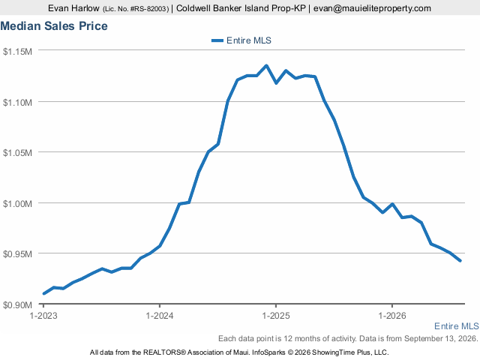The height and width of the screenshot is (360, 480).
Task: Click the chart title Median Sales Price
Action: pos(54,26)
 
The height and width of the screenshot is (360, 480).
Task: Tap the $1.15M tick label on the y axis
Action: pos(17,52)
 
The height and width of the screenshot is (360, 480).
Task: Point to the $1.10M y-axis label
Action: pos(17,102)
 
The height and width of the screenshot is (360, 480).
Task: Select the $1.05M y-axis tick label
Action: pos(17,152)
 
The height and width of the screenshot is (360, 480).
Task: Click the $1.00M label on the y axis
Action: pos(17,203)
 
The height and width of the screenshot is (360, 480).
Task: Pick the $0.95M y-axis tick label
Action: pos(17,253)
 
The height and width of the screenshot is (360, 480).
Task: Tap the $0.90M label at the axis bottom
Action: pos(17,305)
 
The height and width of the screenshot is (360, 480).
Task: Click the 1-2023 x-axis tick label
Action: pos(43,316)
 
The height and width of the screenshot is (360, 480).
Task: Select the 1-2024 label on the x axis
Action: pos(160,316)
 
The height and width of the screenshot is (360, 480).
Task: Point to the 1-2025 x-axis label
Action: pos(276,316)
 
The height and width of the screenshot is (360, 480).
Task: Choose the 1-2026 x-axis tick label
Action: pos(392,316)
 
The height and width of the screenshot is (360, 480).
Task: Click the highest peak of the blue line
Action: pos(266,65)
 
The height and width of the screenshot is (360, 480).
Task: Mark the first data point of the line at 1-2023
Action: pos(43,293)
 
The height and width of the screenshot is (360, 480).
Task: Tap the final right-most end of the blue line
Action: pos(460,261)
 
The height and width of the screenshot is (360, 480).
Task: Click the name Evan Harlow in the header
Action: pos(73,8)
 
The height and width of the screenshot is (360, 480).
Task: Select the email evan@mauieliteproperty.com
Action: pos(372,8)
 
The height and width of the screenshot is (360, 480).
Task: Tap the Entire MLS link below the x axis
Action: pos(457,326)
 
